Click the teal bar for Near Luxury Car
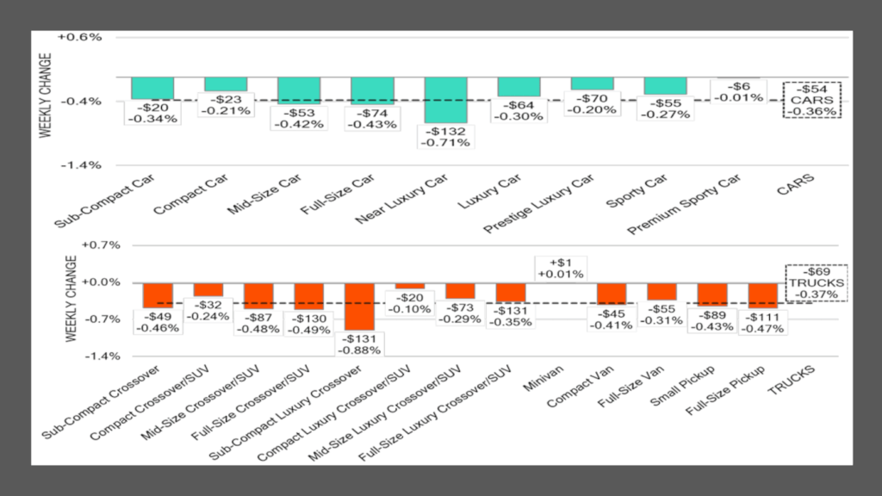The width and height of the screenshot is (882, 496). pos(446,99)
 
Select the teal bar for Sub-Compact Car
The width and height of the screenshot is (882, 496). pos(152,88)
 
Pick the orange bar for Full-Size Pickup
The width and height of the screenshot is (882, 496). pos(763,294)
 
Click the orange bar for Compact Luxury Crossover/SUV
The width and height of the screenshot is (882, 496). pos(410,286)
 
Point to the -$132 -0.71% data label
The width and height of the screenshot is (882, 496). pos(446,136)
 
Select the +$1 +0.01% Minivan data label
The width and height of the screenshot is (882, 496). pos(560,268)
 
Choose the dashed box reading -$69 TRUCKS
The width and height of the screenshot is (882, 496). pos(817,282)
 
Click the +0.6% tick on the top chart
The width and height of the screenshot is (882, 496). pos(80,38)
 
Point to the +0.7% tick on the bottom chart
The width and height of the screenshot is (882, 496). pos(79,245)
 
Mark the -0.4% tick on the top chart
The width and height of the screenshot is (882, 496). pos(80,102)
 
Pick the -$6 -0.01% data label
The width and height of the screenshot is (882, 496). pos(739,92)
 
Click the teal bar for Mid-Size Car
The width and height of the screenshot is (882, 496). pos(299,90)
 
